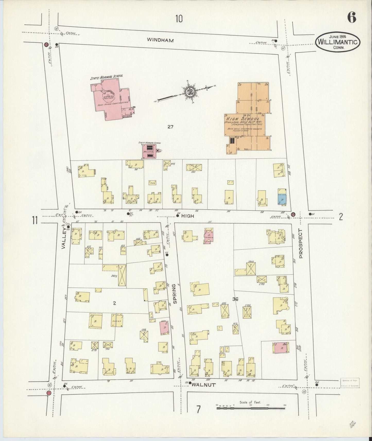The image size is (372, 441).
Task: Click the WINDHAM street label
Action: (x=160, y=40)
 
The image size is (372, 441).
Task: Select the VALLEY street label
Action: (x=64, y=239)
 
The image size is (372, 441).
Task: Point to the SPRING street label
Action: (x=175, y=294)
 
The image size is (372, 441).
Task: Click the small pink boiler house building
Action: (x=150, y=151)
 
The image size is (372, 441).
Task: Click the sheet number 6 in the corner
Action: (x=351, y=17)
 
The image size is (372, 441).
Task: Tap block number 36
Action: (x=235, y=299)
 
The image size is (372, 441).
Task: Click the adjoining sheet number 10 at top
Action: (x=179, y=19)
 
